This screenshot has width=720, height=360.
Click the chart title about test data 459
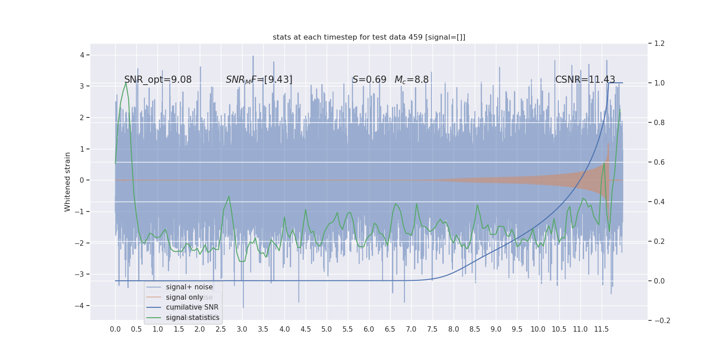[x=369, y=37]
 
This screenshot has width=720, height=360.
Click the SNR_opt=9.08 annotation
[x=157, y=80]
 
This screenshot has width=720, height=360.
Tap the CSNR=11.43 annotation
[x=585, y=80]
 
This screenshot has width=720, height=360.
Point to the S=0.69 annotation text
[x=369, y=80]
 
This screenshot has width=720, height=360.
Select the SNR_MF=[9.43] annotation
[x=259, y=80]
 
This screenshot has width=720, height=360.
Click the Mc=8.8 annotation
[x=411, y=80]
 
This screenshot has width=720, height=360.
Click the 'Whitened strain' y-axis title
[x=67, y=182]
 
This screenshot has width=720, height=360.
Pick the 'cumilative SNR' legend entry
[x=192, y=307]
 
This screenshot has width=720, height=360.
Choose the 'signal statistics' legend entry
[x=192, y=318]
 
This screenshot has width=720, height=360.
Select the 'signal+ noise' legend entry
[x=189, y=287]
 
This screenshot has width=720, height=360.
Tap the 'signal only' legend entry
[x=184, y=297]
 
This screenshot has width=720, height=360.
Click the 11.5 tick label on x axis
[x=601, y=329]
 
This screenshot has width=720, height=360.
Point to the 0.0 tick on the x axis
[x=115, y=329]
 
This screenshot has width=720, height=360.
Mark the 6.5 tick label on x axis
[x=390, y=329]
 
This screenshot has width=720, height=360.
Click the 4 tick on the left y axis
[x=82, y=55]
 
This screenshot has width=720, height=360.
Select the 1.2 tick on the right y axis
[x=659, y=44]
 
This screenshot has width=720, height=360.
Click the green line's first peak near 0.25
[x=126, y=83]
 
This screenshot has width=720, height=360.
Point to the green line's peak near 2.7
[x=229, y=196]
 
